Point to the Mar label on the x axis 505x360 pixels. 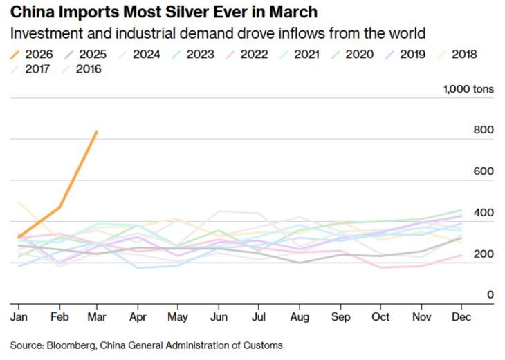(98, 316)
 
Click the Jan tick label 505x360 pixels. (18, 316)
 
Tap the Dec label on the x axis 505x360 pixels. (461, 316)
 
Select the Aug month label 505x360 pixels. (299, 316)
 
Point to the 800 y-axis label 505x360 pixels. (484, 130)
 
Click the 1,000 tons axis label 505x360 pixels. (468, 89)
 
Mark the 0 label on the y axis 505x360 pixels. (490, 294)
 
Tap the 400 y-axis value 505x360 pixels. (484, 212)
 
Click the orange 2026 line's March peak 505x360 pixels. (97, 131)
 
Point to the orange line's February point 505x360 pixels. (60, 207)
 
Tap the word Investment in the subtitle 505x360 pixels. (44, 33)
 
